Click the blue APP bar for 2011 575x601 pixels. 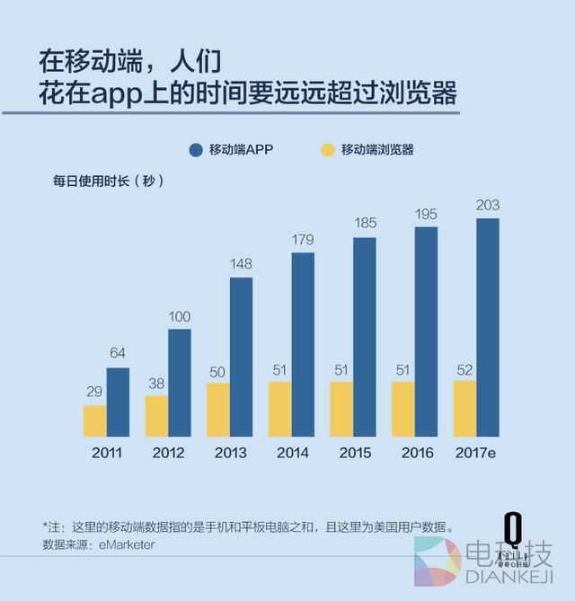click(118, 402)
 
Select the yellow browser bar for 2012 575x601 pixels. click(156, 416)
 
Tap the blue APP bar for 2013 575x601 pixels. click(241, 357)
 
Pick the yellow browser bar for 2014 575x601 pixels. click(279, 410)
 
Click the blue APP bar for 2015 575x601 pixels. click(364, 337)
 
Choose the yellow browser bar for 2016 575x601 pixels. click(402, 410)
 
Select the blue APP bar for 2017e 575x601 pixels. click(488, 327)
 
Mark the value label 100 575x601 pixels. click(180, 317)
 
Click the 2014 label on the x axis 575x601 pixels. click(292, 453)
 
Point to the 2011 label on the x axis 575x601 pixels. click(107, 453)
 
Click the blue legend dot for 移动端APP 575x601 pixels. click(196, 150)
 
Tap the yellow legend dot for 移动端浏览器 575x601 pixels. click(328, 150)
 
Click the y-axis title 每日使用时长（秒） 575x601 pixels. click(108, 181)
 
